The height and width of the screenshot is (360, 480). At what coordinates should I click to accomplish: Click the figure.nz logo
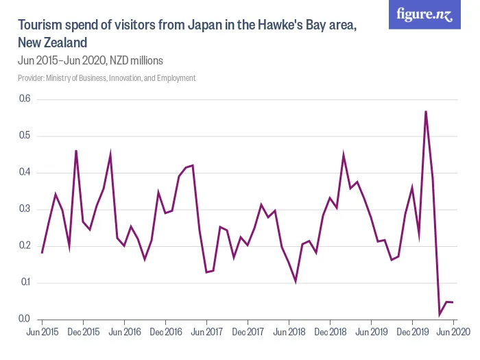(424, 14)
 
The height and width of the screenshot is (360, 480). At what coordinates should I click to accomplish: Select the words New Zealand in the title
(52, 43)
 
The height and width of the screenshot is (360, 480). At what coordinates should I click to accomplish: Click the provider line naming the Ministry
(106, 78)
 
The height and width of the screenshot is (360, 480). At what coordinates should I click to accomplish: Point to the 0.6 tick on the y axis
(25, 99)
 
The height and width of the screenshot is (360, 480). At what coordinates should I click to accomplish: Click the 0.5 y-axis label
(25, 136)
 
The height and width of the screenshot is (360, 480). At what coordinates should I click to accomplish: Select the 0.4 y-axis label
(25, 173)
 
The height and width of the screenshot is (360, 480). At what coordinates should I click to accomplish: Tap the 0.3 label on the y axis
(25, 209)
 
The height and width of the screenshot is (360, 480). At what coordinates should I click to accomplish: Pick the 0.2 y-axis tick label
(25, 246)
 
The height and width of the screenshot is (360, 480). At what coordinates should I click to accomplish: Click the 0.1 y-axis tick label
(25, 283)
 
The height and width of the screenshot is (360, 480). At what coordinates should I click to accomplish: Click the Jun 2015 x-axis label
(42, 332)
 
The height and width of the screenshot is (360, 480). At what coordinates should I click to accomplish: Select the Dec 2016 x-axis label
(165, 332)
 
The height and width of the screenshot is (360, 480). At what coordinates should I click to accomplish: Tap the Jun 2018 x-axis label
(289, 332)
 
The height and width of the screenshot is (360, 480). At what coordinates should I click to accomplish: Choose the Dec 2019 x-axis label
(412, 332)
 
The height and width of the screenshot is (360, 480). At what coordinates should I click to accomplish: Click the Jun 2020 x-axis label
(453, 332)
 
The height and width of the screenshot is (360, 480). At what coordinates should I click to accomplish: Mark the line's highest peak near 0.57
(426, 111)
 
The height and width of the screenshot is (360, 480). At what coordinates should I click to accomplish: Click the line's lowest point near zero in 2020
(440, 315)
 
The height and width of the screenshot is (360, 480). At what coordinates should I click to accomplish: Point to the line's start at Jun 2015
(42, 253)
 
